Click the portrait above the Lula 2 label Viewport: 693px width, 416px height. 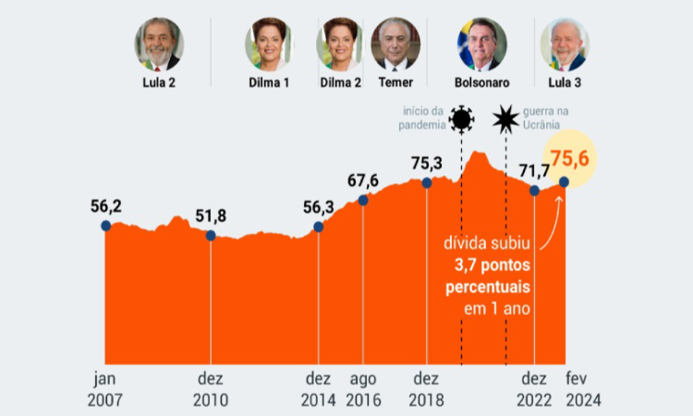[x=159, y=43]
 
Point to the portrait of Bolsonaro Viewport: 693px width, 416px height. [x=481, y=43]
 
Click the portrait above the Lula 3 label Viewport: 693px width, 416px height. [x=564, y=43]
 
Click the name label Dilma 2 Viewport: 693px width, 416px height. [x=340, y=82]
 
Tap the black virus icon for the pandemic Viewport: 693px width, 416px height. [x=461, y=118]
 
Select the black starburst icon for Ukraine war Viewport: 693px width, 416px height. [x=505, y=118]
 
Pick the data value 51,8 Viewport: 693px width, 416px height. [x=213, y=217]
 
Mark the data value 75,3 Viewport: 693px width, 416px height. [x=427, y=164]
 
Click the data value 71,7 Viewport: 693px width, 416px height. [x=534, y=171]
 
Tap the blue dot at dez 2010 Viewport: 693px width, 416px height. [x=211, y=235]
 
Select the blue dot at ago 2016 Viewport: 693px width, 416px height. [x=363, y=199]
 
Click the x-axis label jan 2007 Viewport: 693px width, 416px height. [x=104, y=388]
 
